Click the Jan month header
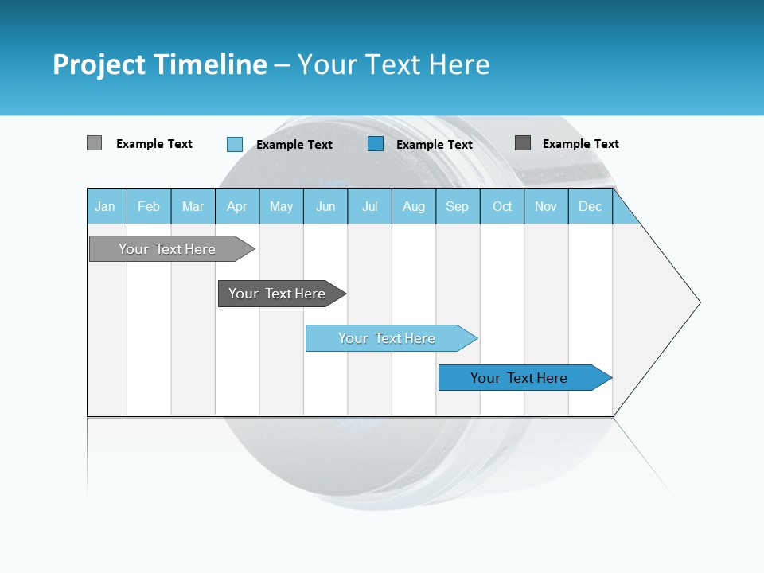point(105,206)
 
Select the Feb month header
point(149,206)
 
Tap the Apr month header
point(237,206)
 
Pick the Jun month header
point(325,206)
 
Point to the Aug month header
point(414,206)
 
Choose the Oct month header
point(502,206)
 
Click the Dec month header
point(591,206)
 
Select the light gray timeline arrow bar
point(167,249)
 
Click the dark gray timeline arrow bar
point(277,294)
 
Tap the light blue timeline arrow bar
point(387,338)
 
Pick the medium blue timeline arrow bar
point(519,378)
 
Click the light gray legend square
point(94,143)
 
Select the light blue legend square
point(235,144)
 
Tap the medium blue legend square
point(376,144)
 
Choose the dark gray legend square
point(523,143)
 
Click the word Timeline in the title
point(209,64)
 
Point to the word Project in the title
point(99,64)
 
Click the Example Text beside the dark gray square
point(580,144)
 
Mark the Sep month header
point(457,206)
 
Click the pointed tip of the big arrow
point(698,302)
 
